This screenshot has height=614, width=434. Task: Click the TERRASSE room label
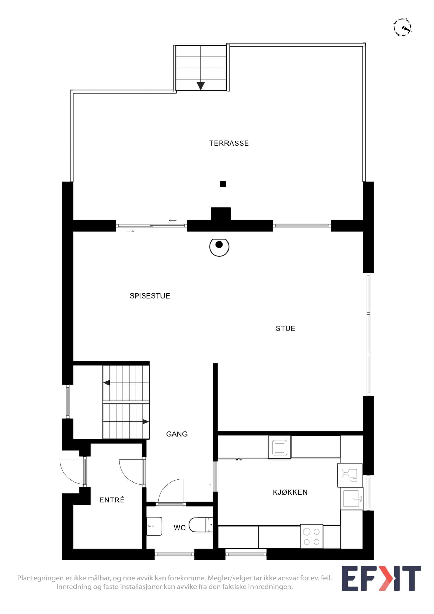(x=229, y=143)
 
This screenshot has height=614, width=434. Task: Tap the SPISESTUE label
(x=150, y=296)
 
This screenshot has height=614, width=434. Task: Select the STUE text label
(x=286, y=328)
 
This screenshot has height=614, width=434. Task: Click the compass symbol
(x=402, y=27)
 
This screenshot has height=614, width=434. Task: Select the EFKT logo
(x=381, y=578)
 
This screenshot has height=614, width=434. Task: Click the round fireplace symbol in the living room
(x=219, y=247)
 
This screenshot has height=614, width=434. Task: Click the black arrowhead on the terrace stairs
(x=201, y=86)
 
